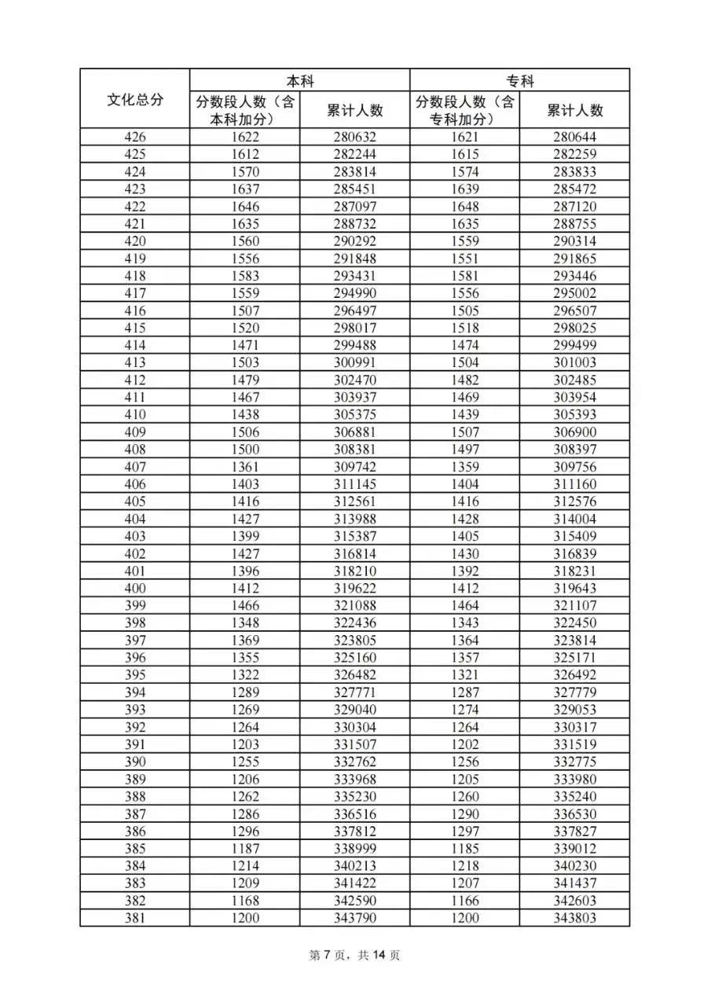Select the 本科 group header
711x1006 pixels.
[299, 80]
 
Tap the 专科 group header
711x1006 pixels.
[519, 80]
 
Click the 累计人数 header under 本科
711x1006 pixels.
[354, 111]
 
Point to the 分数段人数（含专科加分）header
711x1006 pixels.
[464, 111]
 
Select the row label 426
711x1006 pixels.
[134, 138]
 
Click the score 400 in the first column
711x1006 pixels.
[134, 588]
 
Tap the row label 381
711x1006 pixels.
[134, 918]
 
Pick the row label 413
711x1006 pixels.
[134, 362]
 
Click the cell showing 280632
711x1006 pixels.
[354, 138]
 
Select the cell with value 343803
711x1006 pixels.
[574, 918]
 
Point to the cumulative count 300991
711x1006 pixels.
[354, 362]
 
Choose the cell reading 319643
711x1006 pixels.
[574, 588]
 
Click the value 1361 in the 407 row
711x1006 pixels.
[244, 467]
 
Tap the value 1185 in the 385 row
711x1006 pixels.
[464, 849]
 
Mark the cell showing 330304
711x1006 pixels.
[354, 727]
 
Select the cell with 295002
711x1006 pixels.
[574, 293]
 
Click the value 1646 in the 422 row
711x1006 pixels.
[244, 207]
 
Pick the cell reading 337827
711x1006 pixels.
[574, 832]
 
